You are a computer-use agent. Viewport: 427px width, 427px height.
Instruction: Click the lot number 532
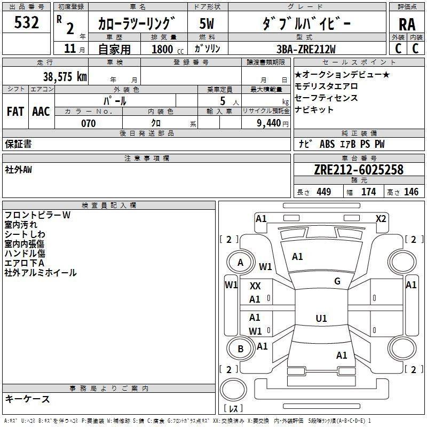point(27,22)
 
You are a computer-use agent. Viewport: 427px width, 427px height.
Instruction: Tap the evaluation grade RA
point(407,24)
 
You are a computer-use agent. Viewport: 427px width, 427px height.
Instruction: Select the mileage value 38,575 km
point(65,76)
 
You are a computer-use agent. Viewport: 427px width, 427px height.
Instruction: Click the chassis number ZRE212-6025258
point(359,170)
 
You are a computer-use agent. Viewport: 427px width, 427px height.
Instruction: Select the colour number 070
point(88,123)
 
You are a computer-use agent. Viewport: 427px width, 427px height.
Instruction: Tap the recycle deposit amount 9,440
point(267,123)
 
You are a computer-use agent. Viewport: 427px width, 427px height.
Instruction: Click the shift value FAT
point(15,112)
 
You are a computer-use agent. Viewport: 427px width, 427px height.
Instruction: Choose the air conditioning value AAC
point(41,112)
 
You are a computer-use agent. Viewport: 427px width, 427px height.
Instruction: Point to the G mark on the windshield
point(337,281)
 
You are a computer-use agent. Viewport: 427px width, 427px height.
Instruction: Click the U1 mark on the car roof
point(321,319)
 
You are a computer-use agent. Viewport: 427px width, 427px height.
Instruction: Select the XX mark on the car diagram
point(255,287)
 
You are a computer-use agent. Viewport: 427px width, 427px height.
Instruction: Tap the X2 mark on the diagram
point(381,218)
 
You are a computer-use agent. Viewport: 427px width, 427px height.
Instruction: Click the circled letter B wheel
point(241,349)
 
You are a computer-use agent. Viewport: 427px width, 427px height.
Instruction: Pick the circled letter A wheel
point(241,262)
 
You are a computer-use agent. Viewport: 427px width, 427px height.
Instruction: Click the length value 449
point(323,192)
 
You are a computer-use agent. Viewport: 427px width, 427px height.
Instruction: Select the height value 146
point(411,192)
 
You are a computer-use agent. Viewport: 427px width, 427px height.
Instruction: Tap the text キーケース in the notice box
point(27,399)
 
